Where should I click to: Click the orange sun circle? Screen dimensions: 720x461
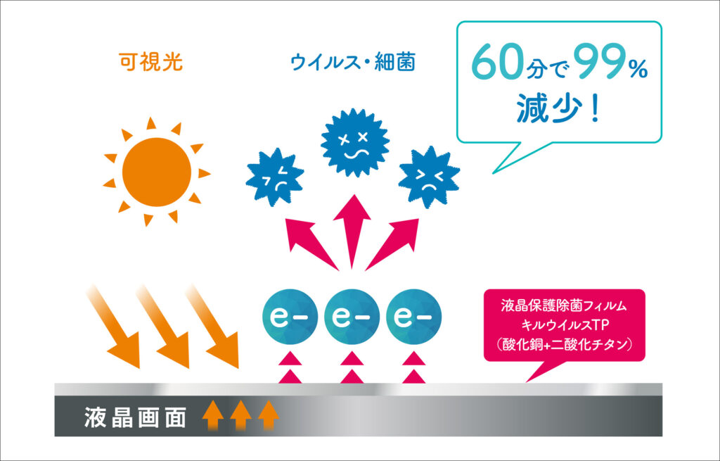pos(157,172)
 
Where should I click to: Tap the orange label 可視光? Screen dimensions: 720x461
pos(150,62)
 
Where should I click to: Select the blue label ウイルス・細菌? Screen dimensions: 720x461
pos(353,62)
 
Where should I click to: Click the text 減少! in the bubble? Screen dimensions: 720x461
pos(558,108)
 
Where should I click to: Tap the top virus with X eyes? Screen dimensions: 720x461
pos(355,142)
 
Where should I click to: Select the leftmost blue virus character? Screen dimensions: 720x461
pos(275,177)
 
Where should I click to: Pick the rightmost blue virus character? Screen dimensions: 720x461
pos(430,177)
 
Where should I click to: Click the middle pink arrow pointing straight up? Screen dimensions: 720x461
pos(352,231)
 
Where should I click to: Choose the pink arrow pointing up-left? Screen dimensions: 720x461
pos(310,244)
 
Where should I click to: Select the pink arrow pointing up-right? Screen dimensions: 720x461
pos(392,244)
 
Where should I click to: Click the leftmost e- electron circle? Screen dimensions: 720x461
pos(290,317)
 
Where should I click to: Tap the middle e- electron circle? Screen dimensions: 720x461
pos(352,317)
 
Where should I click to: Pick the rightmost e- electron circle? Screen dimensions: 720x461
pos(413,317)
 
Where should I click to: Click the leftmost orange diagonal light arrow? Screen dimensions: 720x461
pos(113,327)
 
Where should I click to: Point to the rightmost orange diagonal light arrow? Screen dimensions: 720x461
pos(212,327)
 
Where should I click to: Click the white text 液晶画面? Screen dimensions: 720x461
pos(135,417)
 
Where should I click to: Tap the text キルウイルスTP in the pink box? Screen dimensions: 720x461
pos(565,325)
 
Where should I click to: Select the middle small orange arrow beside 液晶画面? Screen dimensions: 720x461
pos(240,415)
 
